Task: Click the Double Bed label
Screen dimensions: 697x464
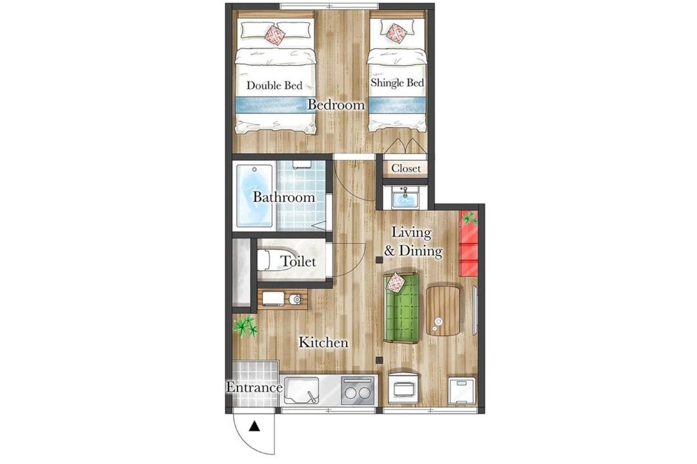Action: coord(274,85)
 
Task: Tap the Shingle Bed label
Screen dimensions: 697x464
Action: coord(397,82)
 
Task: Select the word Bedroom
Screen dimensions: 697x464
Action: coord(336,105)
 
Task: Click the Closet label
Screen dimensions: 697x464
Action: coord(406,169)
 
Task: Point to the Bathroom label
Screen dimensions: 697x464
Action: coord(283,197)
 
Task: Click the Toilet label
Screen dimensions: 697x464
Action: coord(298,262)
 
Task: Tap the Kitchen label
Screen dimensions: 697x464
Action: coord(323,342)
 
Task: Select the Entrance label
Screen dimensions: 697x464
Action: coord(254,387)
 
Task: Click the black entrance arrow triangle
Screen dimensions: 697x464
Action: coord(254,427)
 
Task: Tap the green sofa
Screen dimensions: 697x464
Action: coord(402,307)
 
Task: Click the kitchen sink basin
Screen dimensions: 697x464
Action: coord(301,390)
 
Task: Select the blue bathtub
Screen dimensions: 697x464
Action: coord(254,195)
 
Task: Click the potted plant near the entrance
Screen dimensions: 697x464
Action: coord(245,327)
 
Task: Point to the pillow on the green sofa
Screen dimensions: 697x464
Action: coord(396,283)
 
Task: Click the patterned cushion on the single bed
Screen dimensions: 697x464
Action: coord(394,32)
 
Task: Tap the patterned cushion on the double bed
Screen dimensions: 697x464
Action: coord(275,35)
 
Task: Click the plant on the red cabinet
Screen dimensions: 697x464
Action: coord(469,218)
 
